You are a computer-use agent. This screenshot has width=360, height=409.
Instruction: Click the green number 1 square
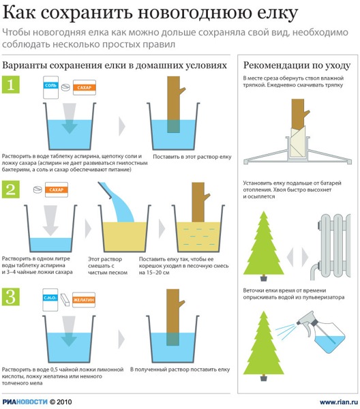tap(11, 85)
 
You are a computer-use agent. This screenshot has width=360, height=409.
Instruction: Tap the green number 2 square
tap(11, 190)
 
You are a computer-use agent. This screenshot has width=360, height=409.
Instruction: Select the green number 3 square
tap(11, 297)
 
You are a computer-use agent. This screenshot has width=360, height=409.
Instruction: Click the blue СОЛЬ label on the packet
tap(50, 86)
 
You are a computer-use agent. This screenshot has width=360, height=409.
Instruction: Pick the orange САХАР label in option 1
tap(85, 88)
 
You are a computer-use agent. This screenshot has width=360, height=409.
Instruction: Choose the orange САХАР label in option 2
tap(57, 190)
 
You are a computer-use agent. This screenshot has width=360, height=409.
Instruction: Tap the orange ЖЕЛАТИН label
tap(83, 300)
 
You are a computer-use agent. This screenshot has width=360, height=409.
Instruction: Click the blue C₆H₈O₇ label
tap(50, 298)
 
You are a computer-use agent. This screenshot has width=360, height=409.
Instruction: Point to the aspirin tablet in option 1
tap(65, 87)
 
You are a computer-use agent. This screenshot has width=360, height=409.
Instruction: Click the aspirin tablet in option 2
tap(37, 190)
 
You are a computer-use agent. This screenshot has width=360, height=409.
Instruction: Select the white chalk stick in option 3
tap(65, 299)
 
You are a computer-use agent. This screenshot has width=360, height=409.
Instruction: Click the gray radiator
tap(331, 247)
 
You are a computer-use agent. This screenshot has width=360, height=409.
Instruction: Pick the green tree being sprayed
tap(264, 346)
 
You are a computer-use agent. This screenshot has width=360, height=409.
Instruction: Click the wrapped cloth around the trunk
tap(298, 142)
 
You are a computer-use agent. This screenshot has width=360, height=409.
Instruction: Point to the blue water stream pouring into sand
tap(117, 202)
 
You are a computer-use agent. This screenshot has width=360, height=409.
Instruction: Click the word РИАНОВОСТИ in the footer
tap(25, 402)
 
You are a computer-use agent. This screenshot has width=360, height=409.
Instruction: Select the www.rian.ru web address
tap(339, 402)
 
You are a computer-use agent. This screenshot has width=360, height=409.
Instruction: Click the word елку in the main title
tap(277, 12)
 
